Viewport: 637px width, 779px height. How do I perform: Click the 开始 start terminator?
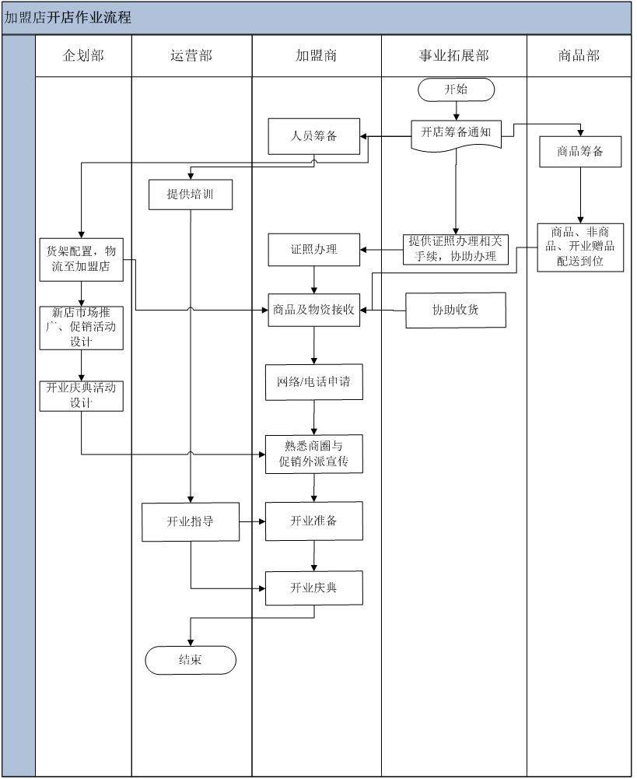456,89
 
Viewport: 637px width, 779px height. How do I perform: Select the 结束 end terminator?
191,660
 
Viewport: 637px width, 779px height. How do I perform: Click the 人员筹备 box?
314,135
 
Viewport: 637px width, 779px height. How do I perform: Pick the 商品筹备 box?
580,152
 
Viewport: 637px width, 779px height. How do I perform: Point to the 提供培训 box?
191,195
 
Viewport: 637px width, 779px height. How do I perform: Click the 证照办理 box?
314,250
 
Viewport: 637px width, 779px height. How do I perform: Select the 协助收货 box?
456,310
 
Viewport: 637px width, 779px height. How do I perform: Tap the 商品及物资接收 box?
314,310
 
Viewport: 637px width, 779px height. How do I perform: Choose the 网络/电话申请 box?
314,382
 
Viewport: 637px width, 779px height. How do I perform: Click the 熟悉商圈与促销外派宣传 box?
314,454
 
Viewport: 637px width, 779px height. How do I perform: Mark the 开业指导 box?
191,521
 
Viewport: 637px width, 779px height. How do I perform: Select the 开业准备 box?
314,521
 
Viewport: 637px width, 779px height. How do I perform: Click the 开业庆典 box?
314,588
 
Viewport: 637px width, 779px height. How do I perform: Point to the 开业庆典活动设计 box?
82,395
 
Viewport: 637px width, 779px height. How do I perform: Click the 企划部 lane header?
83,55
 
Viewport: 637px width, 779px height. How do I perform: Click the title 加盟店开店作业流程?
68,17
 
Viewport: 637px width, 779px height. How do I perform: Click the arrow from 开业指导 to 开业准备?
252,521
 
